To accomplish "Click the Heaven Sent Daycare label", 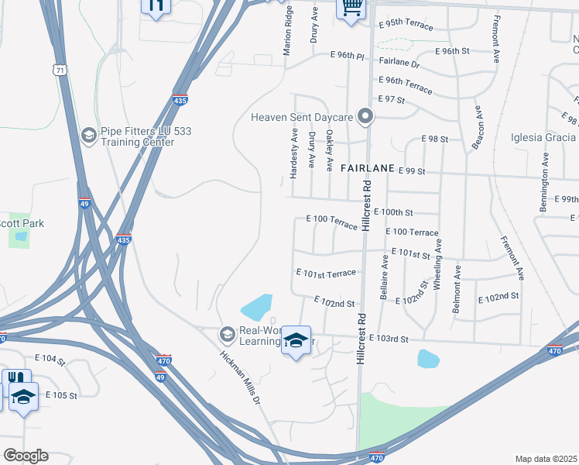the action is pos(301,117).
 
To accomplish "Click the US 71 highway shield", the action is pos(60,70).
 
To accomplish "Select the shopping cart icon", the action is pos(351,9).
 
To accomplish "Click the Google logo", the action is pos(26,456).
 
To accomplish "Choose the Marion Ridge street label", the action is pos(288,31).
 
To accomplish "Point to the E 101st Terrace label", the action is pos(326,273).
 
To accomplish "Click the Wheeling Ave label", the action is pos(437,264).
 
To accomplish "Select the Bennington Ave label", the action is pos(543,183).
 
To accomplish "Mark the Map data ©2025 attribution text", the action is pos(546,459).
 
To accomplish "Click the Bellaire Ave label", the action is pos(385,275).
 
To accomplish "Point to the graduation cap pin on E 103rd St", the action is pos(296,340).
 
